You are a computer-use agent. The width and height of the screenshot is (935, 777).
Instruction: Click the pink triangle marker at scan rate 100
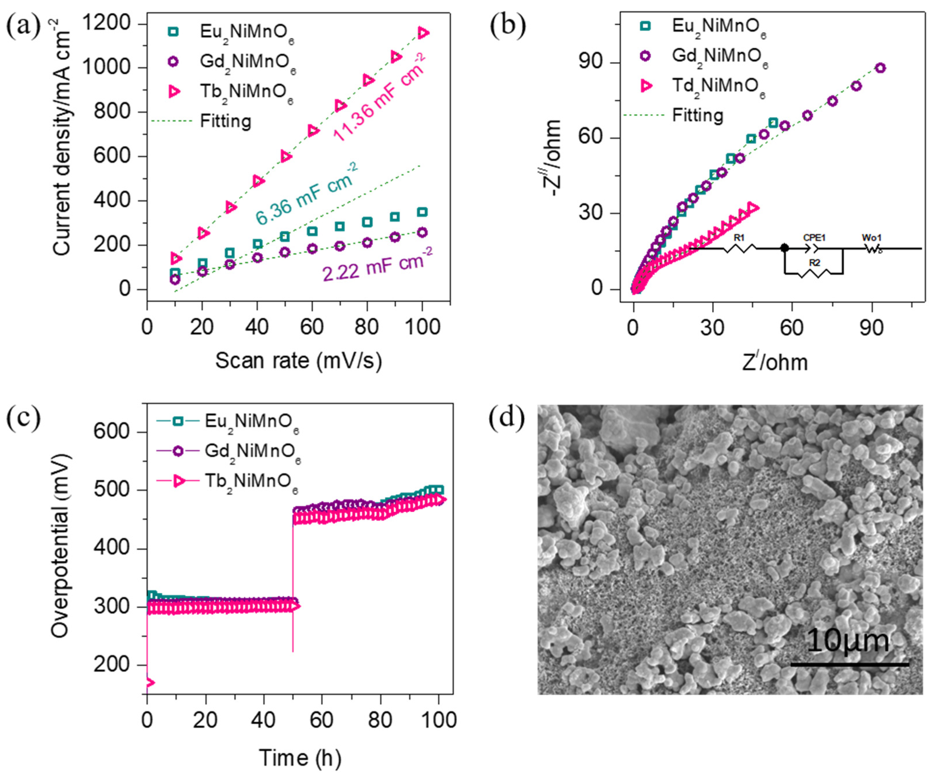[423, 32]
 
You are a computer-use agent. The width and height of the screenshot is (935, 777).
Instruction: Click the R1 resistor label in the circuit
[739, 238]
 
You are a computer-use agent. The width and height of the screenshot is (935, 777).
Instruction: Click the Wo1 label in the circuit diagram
[871, 238]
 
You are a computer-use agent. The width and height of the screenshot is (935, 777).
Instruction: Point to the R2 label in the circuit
[814, 263]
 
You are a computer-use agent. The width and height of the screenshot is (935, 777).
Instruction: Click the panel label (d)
[507, 419]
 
